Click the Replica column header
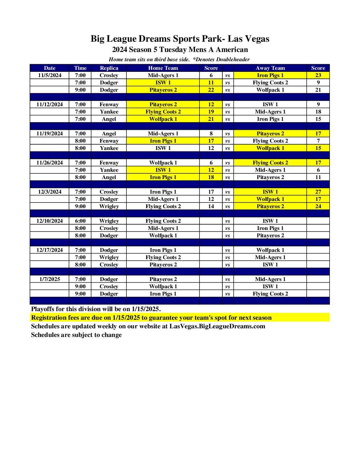pos(109,68)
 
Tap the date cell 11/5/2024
pos(50,75)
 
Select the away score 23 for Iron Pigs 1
pos(318,75)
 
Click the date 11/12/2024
pos(50,104)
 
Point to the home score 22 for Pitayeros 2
pos(211,90)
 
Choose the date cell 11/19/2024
pos(50,133)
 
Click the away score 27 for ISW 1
pos(318,192)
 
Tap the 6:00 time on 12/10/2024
pos(80,221)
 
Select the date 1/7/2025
pos(50,279)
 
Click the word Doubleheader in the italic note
pos(233,60)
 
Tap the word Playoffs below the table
pos(43,309)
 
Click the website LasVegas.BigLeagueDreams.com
pos(217,326)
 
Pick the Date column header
pos(50,68)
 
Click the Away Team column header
pos(270,68)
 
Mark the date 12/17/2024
pos(50,250)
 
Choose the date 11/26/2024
pos(50,163)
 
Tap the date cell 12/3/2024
pos(50,192)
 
